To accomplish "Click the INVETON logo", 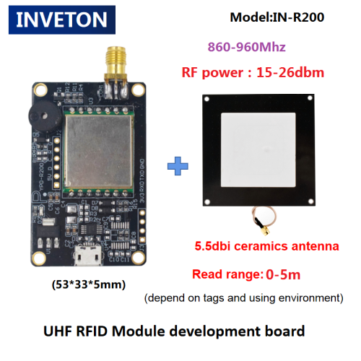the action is (x=62, y=19).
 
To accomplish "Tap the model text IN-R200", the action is (x=298, y=17).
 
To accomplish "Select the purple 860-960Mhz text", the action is (x=247, y=47).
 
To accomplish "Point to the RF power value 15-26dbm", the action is (x=290, y=72).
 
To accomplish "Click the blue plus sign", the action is (x=178, y=166).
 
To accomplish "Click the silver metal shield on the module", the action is (x=99, y=151).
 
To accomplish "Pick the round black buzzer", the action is (x=45, y=118).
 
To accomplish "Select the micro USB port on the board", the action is (x=87, y=255).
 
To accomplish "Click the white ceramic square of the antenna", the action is (x=258, y=149).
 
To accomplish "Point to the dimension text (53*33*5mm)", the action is (x=89, y=284).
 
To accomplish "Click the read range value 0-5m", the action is (x=283, y=274).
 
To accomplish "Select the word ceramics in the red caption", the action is (x=261, y=246).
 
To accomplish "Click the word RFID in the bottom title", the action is (x=92, y=331).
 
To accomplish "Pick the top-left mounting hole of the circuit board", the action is (x=40, y=90).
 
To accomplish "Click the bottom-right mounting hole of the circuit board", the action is (x=138, y=257).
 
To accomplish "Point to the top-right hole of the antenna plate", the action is (x=310, y=98).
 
